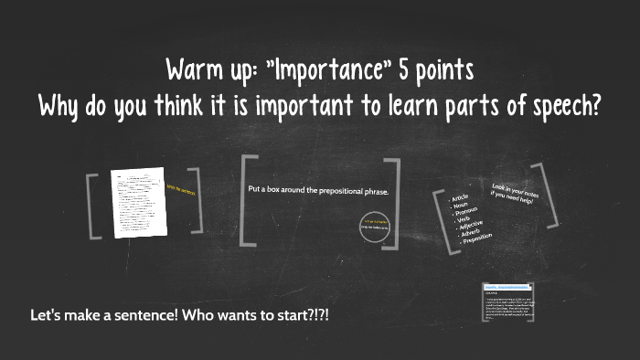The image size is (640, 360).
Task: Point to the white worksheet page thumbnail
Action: click(137, 203)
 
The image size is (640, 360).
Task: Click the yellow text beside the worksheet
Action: click(181, 190)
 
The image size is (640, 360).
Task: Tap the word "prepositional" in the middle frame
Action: click(331, 190)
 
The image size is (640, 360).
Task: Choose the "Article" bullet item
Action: click(460, 198)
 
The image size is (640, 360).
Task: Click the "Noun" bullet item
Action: click(462, 206)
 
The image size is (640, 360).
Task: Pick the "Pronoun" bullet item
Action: click(467, 216)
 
